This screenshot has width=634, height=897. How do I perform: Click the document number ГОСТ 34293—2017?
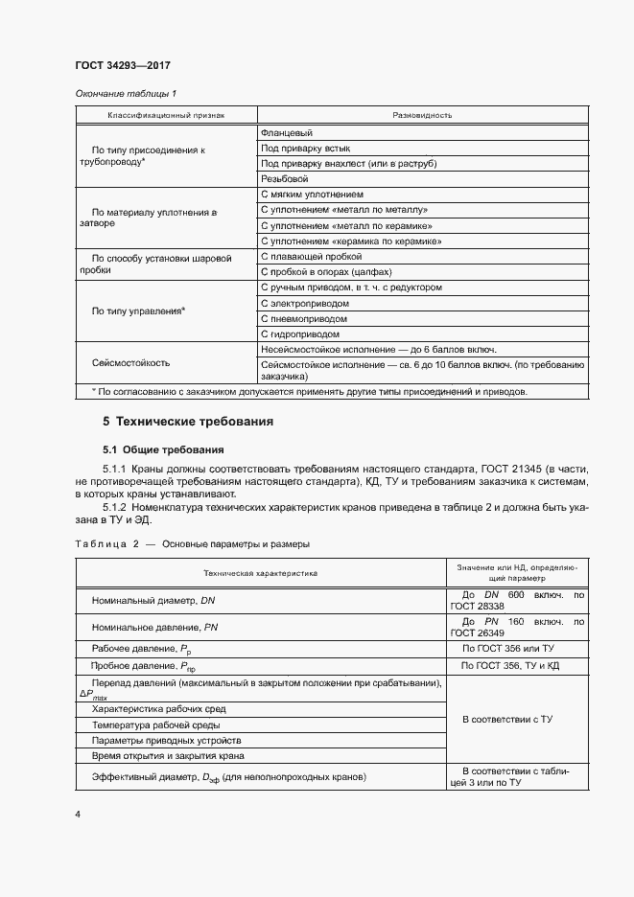[122, 66]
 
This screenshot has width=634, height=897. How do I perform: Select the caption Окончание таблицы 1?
[126, 94]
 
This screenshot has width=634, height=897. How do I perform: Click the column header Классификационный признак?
[166, 114]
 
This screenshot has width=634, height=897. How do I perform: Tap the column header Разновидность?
[422, 114]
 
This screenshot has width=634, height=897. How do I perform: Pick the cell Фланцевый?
[288, 133]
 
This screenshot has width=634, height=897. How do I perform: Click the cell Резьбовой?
[286, 179]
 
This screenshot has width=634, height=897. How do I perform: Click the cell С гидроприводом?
[300, 333]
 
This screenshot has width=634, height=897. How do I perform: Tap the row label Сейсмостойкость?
[130, 363]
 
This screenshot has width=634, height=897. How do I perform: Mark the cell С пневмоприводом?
[304, 318]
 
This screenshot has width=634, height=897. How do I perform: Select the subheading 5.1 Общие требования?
[163, 448]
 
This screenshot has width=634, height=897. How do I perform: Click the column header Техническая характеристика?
[260, 572]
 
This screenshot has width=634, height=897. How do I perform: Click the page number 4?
[78, 815]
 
